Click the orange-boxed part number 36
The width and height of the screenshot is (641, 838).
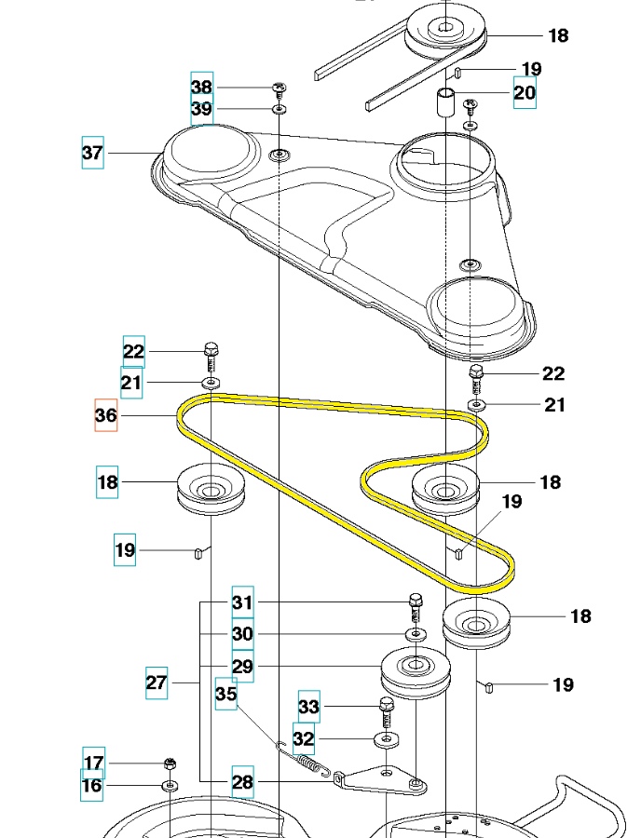pos(106,415)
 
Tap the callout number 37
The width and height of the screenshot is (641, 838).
pos(92,153)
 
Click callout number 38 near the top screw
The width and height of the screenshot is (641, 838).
pos(202,87)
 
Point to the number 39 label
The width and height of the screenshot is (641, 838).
pos(202,110)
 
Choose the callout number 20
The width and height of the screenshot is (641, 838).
pos(525,91)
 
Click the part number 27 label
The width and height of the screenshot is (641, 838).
pos(157,683)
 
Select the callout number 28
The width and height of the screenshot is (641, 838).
pos(242,782)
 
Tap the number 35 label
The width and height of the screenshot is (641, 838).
pos(226,694)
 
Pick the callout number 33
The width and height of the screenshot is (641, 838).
pos(308,707)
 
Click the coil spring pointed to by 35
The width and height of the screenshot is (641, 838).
pos(304,757)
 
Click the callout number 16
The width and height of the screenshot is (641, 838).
pos(92,786)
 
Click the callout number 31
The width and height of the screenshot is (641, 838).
pos(242,602)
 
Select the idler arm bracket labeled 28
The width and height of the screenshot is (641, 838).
pos(382,779)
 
